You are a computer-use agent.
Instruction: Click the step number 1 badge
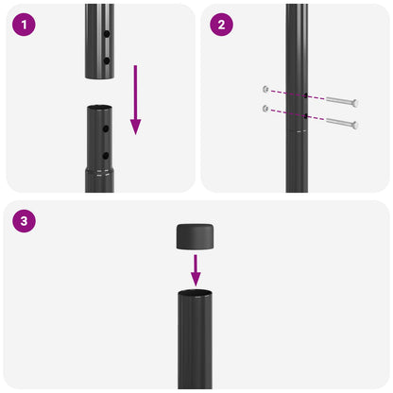pyautogui.click(x=25, y=25)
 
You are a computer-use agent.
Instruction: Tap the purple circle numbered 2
pyautogui.click(x=221, y=25)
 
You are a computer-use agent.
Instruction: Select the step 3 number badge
pyautogui.click(x=25, y=222)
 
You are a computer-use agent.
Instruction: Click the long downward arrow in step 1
pyautogui.click(x=135, y=99)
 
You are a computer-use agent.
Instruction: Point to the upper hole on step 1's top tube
pyautogui.click(x=107, y=34)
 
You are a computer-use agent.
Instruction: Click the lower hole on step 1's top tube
pyautogui.click(x=107, y=60)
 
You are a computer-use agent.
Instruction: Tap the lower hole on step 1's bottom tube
pyautogui.click(x=107, y=155)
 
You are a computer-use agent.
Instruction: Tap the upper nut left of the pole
pyautogui.click(x=266, y=90)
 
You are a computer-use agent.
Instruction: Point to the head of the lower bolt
pyautogui.click(x=355, y=125)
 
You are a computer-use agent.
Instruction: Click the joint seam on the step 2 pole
pyautogui.click(x=297, y=132)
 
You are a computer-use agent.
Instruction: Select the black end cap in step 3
pyautogui.click(x=196, y=236)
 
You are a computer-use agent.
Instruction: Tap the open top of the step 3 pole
pyautogui.click(x=196, y=294)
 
